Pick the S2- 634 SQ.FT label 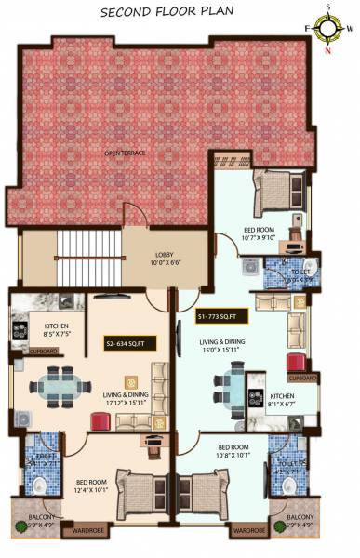[x=131, y=343]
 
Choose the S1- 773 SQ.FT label [x=221, y=317]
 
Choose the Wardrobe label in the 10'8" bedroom [x=248, y=530]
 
